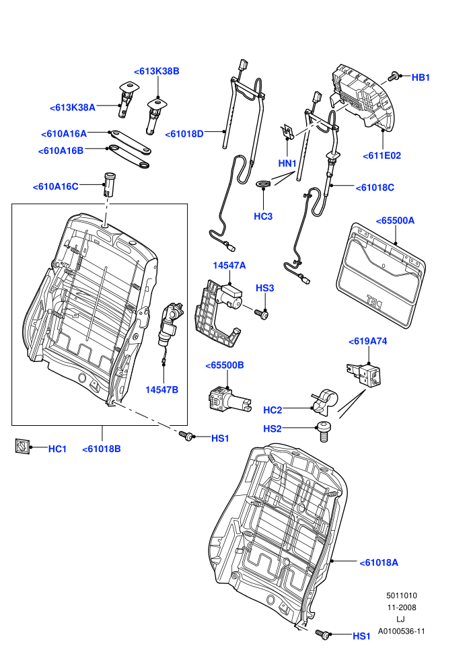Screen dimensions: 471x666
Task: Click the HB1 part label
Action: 421,77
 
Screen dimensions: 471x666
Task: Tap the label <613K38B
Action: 157,71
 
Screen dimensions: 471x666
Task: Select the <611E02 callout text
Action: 382,155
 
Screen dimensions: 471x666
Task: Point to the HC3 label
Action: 263,216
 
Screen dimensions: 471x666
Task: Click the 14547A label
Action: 229,266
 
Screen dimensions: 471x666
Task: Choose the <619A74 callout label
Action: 368,341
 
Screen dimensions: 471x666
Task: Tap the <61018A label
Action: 379,562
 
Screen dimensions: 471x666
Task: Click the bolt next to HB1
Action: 393,77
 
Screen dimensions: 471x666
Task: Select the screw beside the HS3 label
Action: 261,314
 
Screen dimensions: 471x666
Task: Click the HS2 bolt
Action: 324,432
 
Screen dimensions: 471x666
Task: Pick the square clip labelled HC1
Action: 22,447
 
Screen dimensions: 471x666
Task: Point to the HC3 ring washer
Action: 263,184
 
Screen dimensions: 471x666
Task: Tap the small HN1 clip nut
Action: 287,132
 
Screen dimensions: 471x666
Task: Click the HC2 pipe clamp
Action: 325,402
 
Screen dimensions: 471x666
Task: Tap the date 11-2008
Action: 401,607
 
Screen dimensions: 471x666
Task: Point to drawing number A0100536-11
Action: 401,631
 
